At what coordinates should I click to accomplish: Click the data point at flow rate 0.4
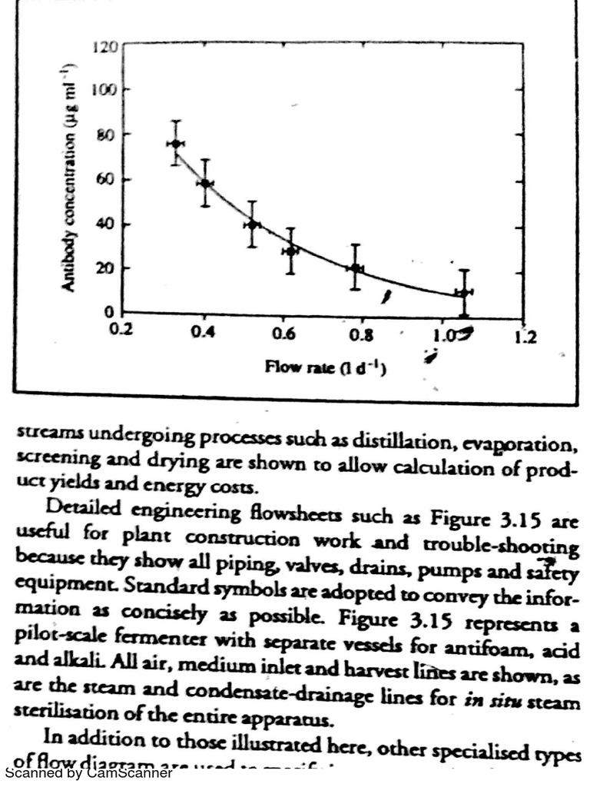tap(204, 183)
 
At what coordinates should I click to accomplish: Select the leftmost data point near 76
tap(176, 144)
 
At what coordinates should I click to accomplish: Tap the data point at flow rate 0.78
tap(354, 268)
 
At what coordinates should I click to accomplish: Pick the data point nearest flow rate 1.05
tap(463, 293)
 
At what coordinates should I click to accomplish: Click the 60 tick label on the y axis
tap(106, 181)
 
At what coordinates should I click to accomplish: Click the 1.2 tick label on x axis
tap(524, 337)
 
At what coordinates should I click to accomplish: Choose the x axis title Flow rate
tap(325, 367)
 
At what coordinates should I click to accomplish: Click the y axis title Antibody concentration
tap(68, 178)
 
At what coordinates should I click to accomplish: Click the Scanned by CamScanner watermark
tap(88, 772)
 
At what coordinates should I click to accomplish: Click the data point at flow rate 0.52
tap(252, 224)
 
